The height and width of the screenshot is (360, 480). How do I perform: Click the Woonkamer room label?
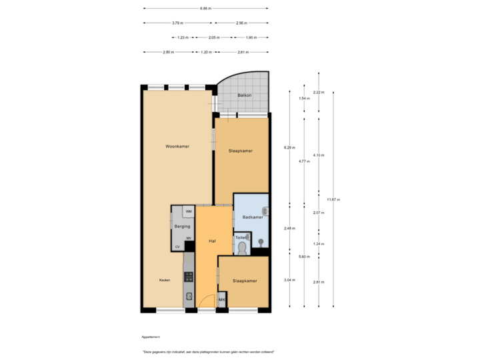(x=178, y=146)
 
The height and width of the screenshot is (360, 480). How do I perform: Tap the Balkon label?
(x=245, y=95)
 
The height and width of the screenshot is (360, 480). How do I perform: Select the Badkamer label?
(x=252, y=217)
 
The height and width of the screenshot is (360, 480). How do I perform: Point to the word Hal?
(x=211, y=241)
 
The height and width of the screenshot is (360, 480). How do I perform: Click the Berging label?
(x=182, y=227)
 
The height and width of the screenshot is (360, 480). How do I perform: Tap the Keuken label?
(x=164, y=280)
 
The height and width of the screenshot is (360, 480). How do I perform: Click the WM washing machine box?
(x=189, y=211)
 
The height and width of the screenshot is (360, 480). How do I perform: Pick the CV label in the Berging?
(x=177, y=247)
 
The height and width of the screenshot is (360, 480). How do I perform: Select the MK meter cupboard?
(x=221, y=300)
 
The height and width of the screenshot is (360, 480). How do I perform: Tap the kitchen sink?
(x=189, y=295)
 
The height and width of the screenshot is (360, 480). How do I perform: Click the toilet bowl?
(x=241, y=249)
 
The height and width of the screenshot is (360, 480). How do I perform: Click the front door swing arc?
(x=208, y=301)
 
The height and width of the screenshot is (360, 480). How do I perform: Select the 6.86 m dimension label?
(x=205, y=9)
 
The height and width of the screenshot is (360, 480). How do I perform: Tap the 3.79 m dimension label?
(x=177, y=23)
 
